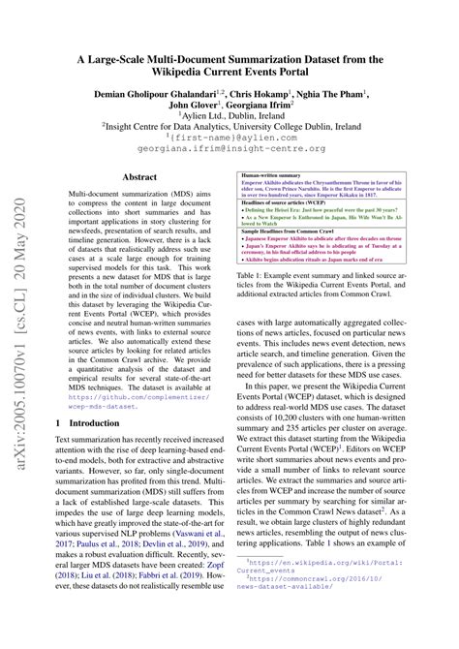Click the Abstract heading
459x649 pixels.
pyautogui.click(x=138, y=177)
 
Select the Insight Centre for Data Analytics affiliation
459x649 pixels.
pyautogui.click(x=229, y=138)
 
